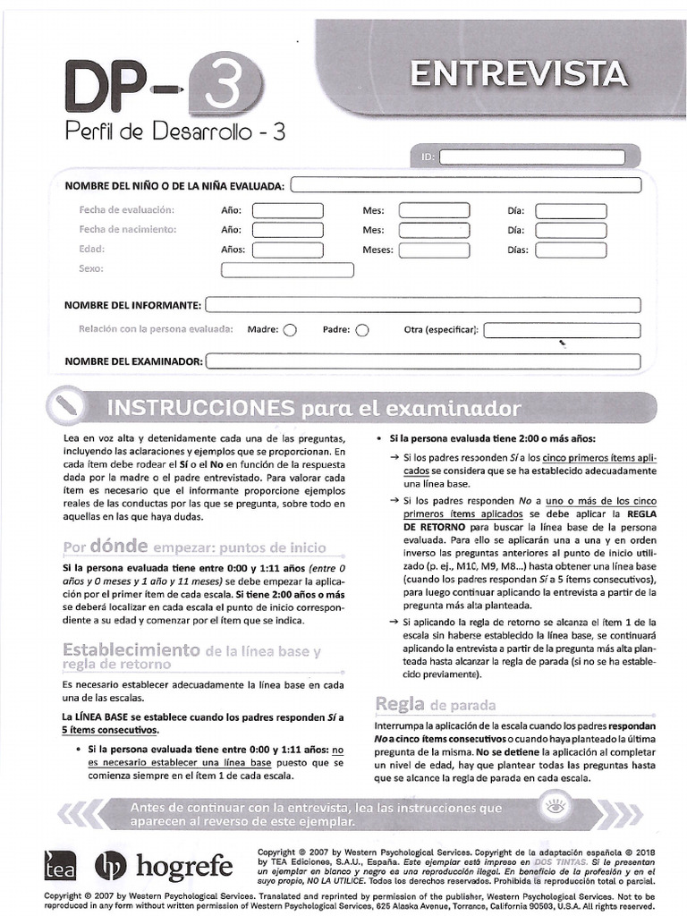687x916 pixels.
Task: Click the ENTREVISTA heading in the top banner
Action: (519, 72)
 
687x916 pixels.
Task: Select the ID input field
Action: (532, 157)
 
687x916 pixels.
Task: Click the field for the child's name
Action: (466, 186)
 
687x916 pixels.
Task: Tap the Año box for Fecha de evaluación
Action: (287, 211)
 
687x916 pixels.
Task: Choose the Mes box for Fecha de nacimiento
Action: (427, 230)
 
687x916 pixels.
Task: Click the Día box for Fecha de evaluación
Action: (570, 211)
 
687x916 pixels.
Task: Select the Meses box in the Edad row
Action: (427, 250)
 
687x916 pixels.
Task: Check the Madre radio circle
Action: (290, 330)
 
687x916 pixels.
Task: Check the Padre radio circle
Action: (361, 330)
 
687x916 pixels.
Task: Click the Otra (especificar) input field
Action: (563, 330)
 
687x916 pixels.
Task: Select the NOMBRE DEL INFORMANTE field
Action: (422, 305)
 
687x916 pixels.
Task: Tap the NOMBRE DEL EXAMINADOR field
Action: (422, 362)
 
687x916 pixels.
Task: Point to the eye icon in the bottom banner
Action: (556, 812)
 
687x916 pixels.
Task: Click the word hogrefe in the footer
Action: (184, 867)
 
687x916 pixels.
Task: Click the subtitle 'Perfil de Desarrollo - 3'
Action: (175, 133)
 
